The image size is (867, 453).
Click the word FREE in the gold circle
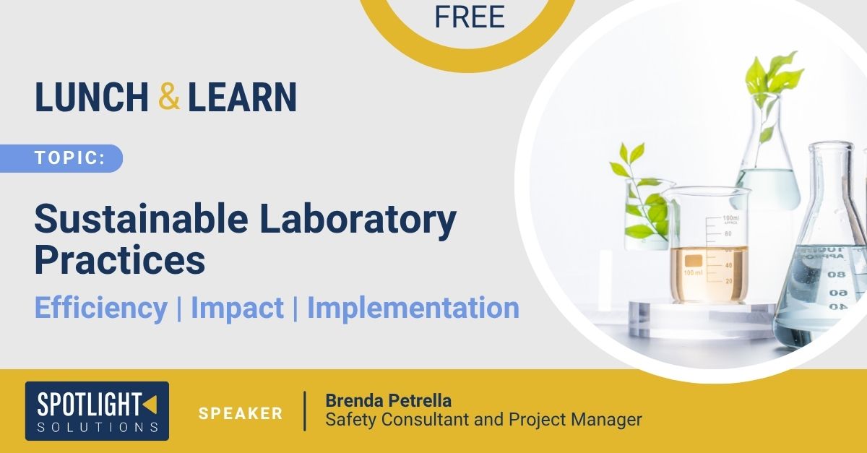tap(470, 17)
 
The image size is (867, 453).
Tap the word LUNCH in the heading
tap(92, 97)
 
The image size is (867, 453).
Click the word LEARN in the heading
tap(242, 97)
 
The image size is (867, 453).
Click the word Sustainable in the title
tap(142, 219)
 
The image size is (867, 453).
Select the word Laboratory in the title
tap(358, 220)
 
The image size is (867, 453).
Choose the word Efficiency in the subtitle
tap(101, 309)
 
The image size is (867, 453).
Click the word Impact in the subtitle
tap(237, 309)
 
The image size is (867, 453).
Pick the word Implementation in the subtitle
tap(413, 308)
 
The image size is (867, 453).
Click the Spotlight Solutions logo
tap(97, 411)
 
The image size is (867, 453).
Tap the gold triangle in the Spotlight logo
tap(150, 404)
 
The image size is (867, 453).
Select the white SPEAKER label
tap(241, 413)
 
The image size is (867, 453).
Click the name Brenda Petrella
tap(388, 401)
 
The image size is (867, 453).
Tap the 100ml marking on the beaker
tap(730, 218)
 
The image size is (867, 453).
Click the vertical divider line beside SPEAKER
tap(305, 411)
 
